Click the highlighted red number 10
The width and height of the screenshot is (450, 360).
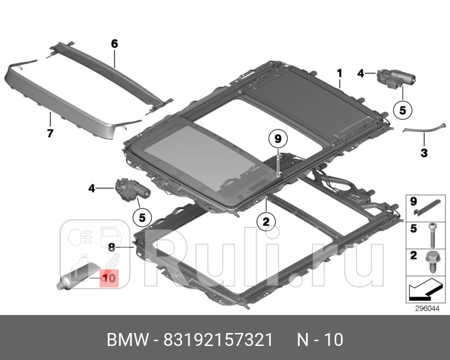pos(109,277)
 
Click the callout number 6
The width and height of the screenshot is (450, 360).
pos(114,43)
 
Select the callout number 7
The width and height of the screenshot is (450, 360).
pos(49,133)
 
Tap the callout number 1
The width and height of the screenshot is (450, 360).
pos(339,73)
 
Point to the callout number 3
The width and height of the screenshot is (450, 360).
pos(424,152)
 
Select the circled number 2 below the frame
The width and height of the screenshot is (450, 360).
pos(266,222)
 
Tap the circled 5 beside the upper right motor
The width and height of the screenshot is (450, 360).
pos(403,110)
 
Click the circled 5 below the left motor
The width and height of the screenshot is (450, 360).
pos(142,216)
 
